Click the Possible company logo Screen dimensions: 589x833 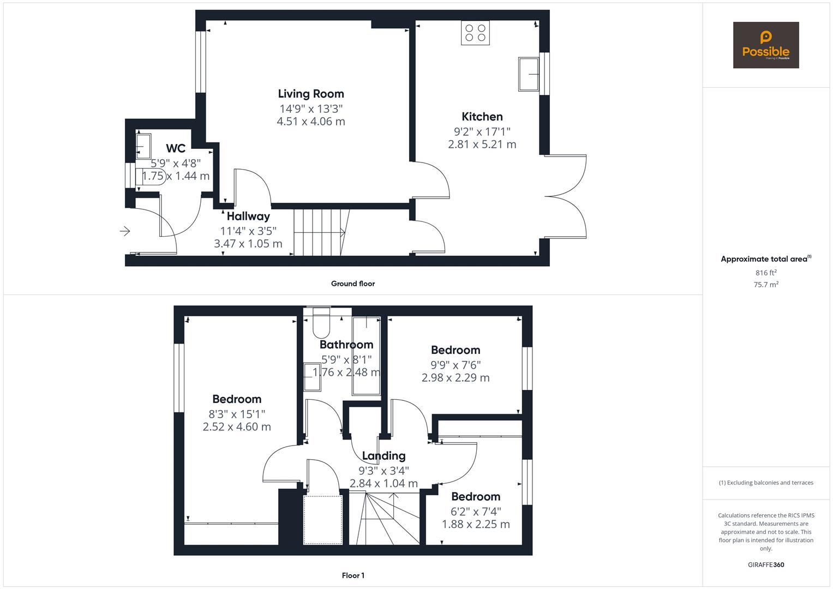[765, 45]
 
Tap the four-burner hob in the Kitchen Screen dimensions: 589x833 [475, 32]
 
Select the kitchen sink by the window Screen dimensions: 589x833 [529, 74]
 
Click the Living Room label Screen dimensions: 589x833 [311, 94]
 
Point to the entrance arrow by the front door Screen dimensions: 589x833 [125, 231]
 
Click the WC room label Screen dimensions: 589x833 [176, 148]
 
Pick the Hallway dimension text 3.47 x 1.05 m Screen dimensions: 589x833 [248, 244]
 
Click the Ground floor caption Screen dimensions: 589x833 [353, 284]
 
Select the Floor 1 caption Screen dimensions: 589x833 [353, 575]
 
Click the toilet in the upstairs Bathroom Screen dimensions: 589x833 [321, 323]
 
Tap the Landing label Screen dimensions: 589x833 [383, 456]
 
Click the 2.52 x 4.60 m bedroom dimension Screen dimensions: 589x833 [237, 427]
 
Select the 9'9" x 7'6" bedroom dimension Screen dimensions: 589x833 [456, 365]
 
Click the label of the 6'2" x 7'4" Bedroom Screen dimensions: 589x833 [476, 497]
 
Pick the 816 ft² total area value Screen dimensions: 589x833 [766, 273]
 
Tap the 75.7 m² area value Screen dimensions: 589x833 [766, 284]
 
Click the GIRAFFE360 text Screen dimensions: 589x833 [766, 564]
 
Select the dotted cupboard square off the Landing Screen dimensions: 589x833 [322, 519]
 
